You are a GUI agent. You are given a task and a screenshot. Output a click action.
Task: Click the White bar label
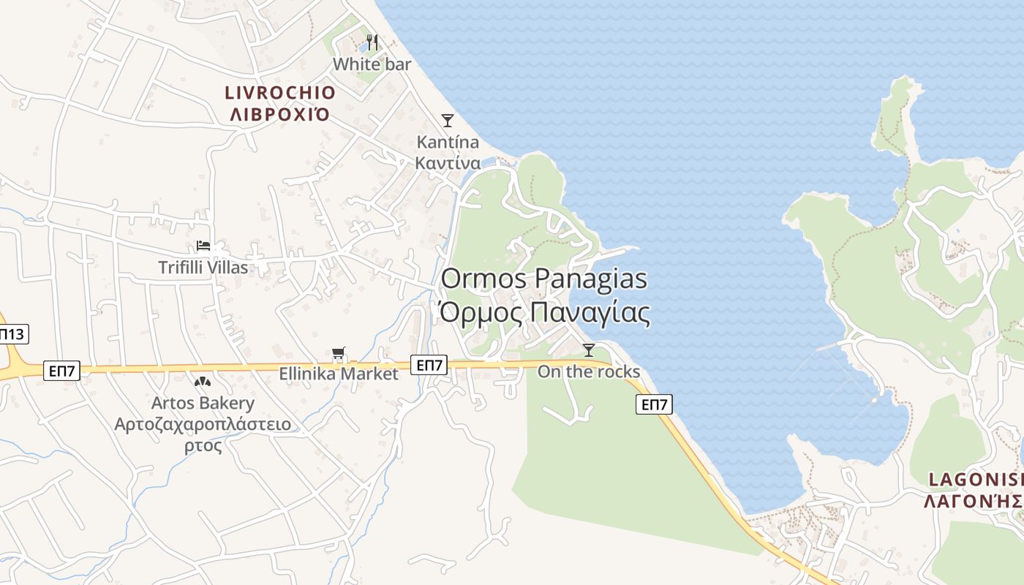pyautogui.click(x=372, y=64)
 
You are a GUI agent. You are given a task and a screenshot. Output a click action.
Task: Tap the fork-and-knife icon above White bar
pyautogui.click(x=372, y=42)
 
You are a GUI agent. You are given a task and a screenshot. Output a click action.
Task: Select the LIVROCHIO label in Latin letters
pyautogui.click(x=280, y=93)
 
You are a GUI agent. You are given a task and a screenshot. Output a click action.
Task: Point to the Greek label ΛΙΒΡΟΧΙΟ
pyautogui.click(x=280, y=114)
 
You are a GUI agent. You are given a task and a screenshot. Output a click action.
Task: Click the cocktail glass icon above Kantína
pyautogui.click(x=448, y=120)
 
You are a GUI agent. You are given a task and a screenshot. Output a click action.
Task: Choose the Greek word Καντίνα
pyautogui.click(x=448, y=162)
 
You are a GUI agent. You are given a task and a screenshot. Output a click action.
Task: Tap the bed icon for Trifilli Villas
pyautogui.click(x=203, y=246)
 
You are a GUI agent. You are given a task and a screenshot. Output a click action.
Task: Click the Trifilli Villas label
pyautogui.click(x=203, y=268)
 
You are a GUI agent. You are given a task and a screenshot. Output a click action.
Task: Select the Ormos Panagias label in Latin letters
pyautogui.click(x=544, y=279)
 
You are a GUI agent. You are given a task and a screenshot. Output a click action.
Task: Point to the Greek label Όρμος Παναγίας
pyautogui.click(x=544, y=313)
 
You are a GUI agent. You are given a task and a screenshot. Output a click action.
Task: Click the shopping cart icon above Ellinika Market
pyautogui.click(x=338, y=354)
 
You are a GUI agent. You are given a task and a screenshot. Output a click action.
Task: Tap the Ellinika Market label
pyautogui.click(x=338, y=374)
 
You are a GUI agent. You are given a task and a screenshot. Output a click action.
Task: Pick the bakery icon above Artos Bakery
pyautogui.click(x=203, y=382)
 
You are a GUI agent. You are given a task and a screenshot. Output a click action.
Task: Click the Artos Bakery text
pyautogui.click(x=203, y=403)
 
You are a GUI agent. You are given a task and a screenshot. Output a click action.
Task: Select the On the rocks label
pyautogui.click(x=588, y=371)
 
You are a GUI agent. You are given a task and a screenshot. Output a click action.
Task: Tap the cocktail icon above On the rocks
pyautogui.click(x=588, y=350)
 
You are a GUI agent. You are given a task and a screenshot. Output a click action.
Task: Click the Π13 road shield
pyautogui.click(x=12, y=335)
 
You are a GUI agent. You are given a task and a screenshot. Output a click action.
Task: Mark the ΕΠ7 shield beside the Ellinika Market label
pyautogui.click(x=429, y=365)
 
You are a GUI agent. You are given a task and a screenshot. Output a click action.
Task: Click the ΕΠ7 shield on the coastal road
pyautogui.click(x=654, y=404)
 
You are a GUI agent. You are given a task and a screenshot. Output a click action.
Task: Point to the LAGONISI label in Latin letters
pyautogui.click(x=976, y=480)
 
